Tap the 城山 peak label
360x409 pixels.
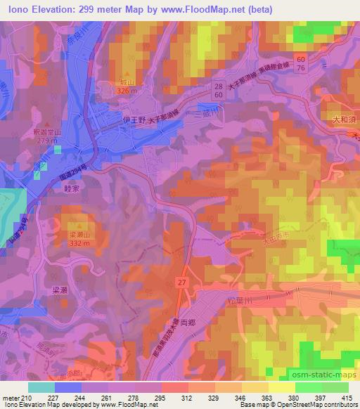point(127,82)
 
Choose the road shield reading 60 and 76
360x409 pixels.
point(300,64)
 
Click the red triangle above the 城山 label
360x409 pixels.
point(127,74)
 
